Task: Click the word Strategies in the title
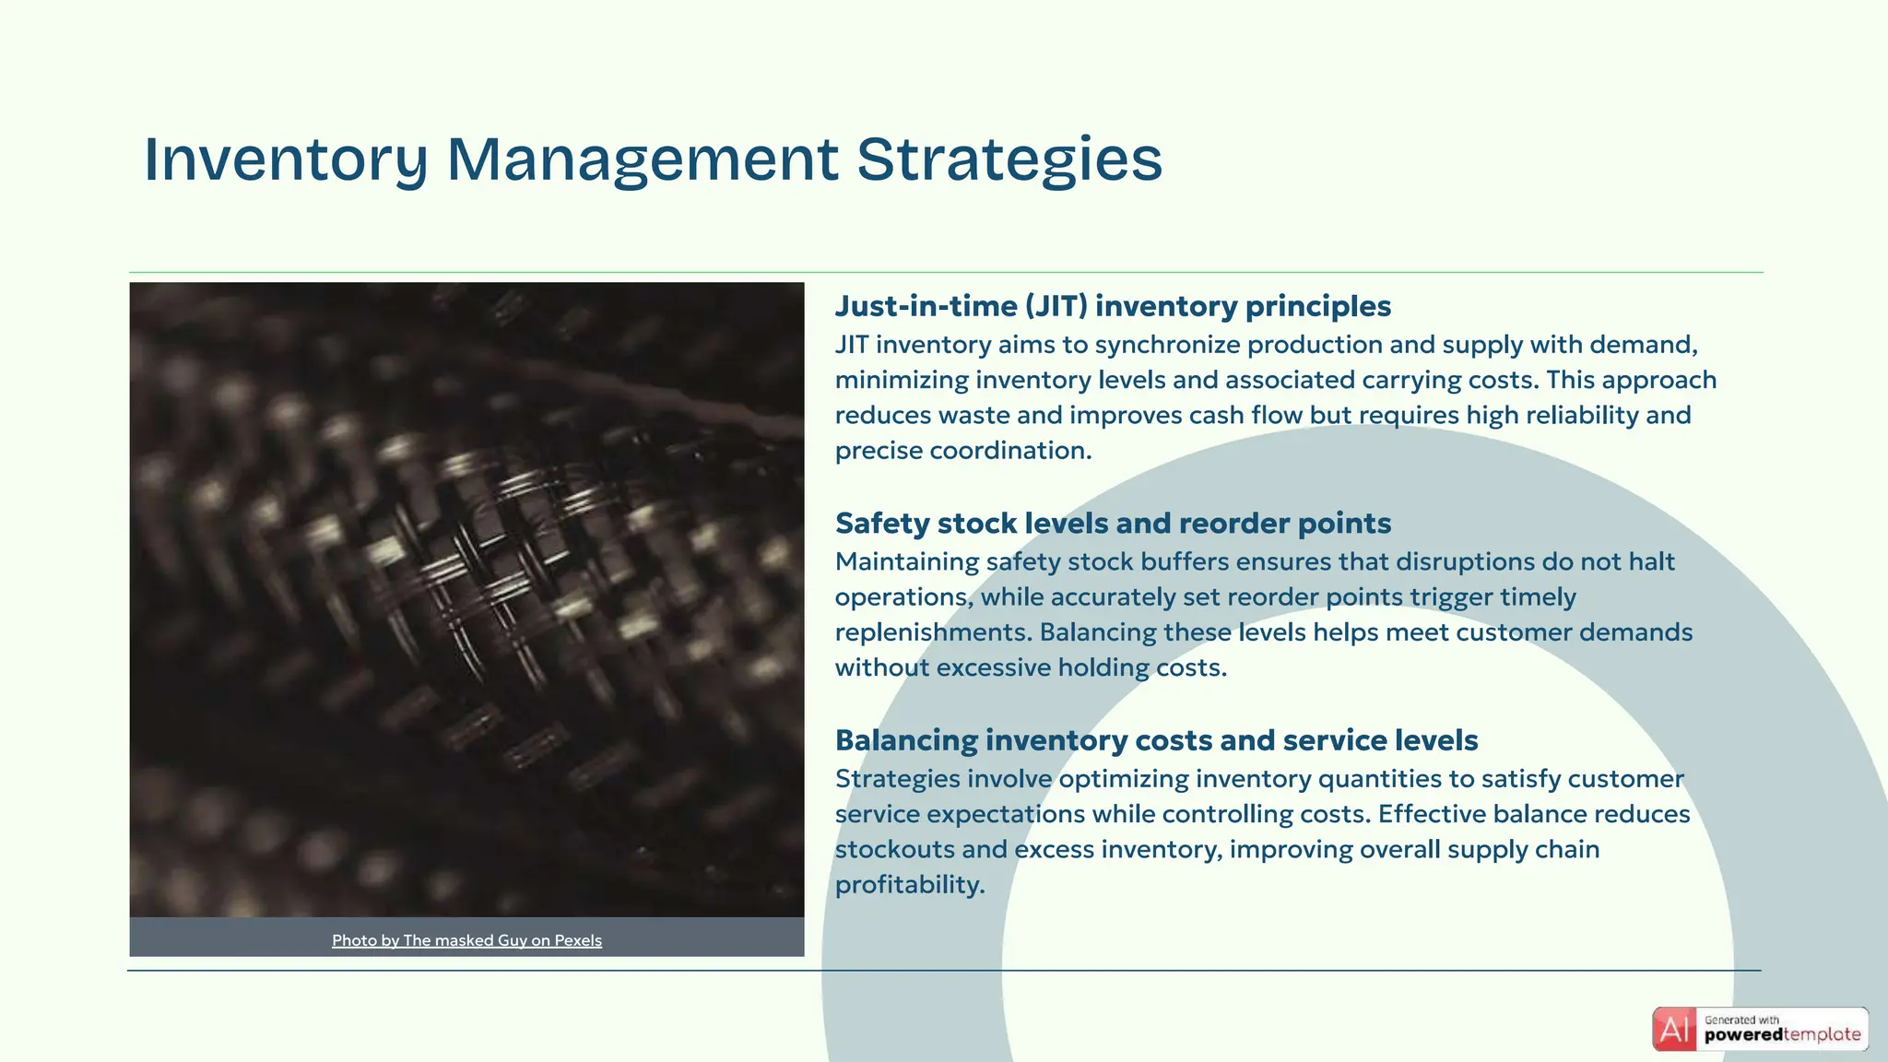(x=1009, y=159)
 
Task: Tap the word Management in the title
(x=643, y=159)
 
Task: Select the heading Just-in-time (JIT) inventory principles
(x=1113, y=306)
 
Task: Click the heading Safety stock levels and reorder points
(x=1113, y=524)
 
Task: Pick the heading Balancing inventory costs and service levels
(x=1156, y=740)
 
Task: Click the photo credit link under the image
(x=466, y=940)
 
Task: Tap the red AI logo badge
(x=1674, y=1029)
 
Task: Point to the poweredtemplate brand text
(x=1782, y=1035)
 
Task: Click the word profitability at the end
(x=909, y=885)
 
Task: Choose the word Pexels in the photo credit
(x=578, y=940)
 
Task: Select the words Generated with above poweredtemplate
(x=1741, y=1020)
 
